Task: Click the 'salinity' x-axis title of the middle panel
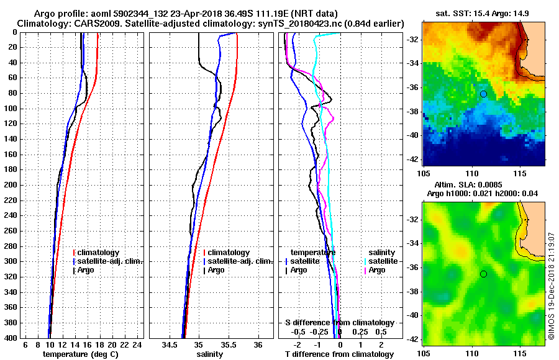pos(210,354)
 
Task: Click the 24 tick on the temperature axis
pos(138,345)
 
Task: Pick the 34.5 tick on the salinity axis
pos(170,345)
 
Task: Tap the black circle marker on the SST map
pos(483,94)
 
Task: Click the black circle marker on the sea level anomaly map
pos(483,274)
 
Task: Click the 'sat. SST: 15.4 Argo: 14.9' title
pos(484,13)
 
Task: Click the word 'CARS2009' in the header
pos(92,23)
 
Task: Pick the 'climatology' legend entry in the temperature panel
pos(101,253)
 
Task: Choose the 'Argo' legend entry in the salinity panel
pos(216,270)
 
